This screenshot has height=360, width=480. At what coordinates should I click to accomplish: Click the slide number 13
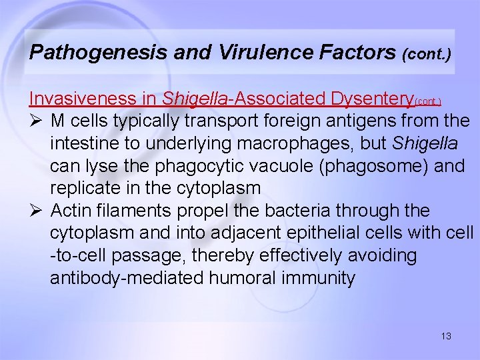point(446,336)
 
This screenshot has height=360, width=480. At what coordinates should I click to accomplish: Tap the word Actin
point(73,211)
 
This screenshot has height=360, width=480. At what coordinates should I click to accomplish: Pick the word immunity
point(321,278)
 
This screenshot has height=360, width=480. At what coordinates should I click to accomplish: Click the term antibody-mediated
point(127,278)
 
